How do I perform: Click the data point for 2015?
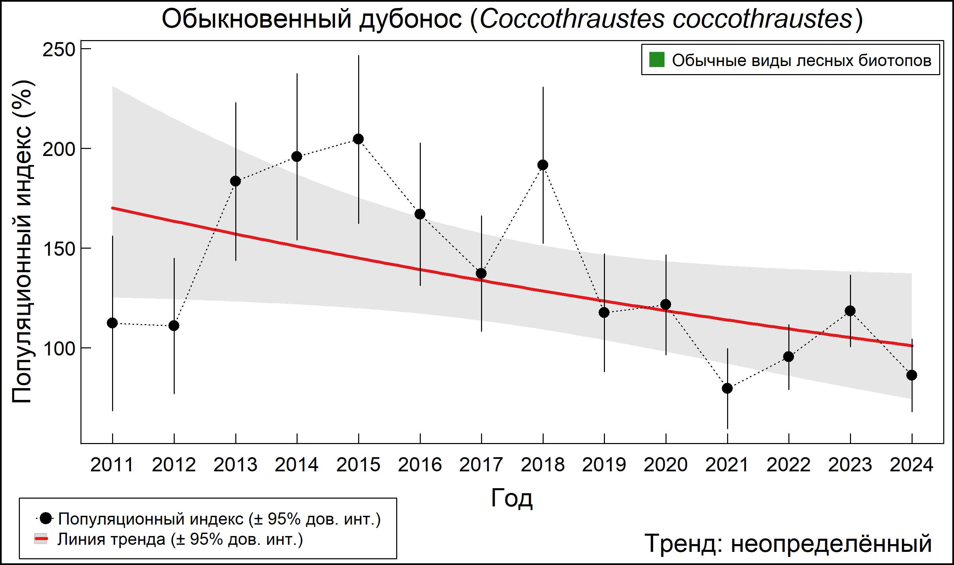coord(358,139)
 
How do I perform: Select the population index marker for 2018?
coord(543,165)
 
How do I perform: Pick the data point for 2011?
coord(112,323)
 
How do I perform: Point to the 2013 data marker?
coord(235,181)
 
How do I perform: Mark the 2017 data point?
coord(481,273)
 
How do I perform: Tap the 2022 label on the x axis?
coord(788,465)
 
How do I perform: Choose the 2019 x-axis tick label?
coord(604,465)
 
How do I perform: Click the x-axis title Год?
coord(512,498)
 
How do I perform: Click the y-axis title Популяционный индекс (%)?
coord(22,242)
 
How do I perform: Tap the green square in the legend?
coord(656,60)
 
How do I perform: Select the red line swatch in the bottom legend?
coord(41,539)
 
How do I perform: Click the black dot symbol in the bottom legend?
coord(46,518)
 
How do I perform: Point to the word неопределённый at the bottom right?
coord(831,543)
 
